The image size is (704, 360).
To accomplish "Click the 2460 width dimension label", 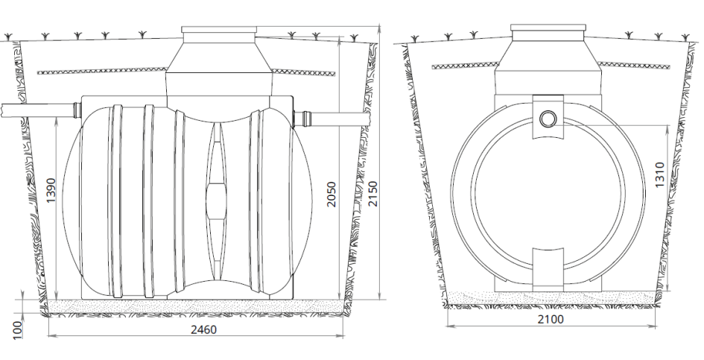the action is click(203, 330).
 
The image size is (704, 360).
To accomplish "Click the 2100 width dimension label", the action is click(551, 320).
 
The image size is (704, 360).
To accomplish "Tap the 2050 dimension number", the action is click(332, 194).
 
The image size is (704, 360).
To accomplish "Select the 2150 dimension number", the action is click(372, 194).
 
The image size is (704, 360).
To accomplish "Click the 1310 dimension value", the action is click(659, 175).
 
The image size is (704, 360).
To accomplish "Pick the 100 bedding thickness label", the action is click(18, 329).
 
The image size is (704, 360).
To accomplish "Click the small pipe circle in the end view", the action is click(548, 119).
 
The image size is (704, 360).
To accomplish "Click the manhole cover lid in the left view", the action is click(219, 30).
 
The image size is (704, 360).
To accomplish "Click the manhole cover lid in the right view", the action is click(548, 28).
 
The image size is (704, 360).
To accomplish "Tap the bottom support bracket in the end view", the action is click(548, 270).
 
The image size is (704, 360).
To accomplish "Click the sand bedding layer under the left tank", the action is click(196, 306).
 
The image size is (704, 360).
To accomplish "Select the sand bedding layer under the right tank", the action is click(551, 298).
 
